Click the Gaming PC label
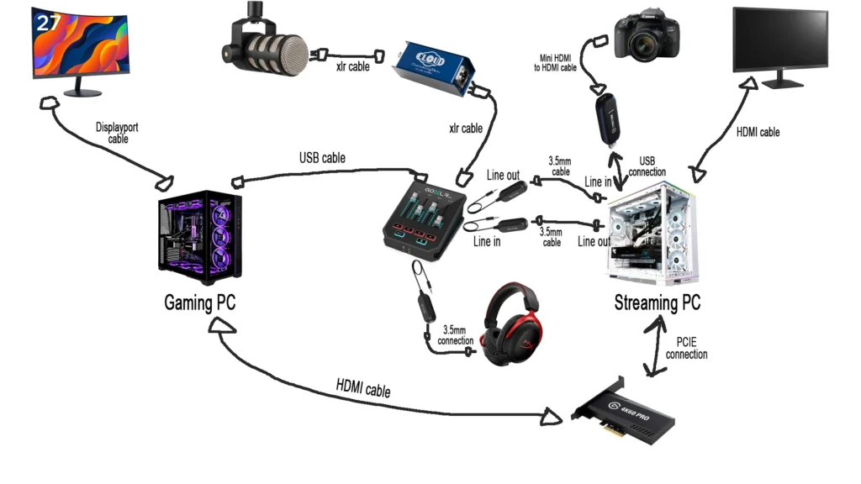click(x=199, y=302)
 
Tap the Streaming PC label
click(x=657, y=302)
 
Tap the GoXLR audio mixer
click(x=425, y=217)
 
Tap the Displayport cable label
click(x=118, y=133)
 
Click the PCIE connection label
click(x=686, y=348)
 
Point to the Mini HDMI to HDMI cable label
click(x=557, y=62)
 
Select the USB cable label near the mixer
click(x=322, y=157)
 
